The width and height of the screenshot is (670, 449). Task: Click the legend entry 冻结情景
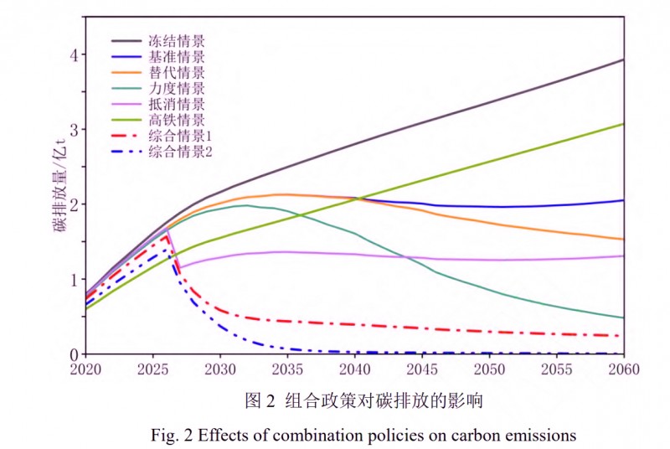(x=176, y=40)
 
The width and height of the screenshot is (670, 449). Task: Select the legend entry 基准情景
(x=176, y=56)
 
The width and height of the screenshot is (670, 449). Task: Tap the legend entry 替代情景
(x=176, y=72)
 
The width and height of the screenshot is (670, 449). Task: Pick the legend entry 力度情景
(x=176, y=88)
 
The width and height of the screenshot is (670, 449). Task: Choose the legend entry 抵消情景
(x=176, y=104)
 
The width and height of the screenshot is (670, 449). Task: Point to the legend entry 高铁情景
(x=176, y=120)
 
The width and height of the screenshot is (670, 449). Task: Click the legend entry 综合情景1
(x=179, y=136)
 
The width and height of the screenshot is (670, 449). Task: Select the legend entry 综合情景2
(x=179, y=152)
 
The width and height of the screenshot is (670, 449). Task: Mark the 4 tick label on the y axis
(x=74, y=54)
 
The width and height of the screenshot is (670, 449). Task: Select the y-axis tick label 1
(x=74, y=279)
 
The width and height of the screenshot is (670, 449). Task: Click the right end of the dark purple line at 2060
(x=623, y=59)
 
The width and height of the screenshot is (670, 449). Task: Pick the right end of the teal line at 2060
(x=623, y=317)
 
